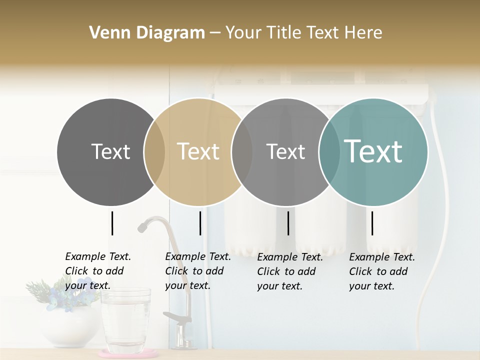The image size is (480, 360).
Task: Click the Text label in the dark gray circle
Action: pyautogui.click(x=110, y=151)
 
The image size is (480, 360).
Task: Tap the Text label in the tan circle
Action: pyautogui.click(x=198, y=151)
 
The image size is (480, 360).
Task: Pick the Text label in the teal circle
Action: pyautogui.click(x=373, y=151)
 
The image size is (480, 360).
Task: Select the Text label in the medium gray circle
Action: pyautogui.click(x=285, y=151)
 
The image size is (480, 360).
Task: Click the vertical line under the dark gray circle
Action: pyautogui.click(x=112, y=223)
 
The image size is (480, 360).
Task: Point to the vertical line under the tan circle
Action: pyautogui.click(x=200, y=223)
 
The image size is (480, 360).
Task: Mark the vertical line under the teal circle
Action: pyautogui.click(x=372, y=223)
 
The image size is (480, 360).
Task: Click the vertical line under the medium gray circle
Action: pyautogui.click(x=288, y=223)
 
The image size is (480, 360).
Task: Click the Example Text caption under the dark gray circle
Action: pyautogui.click(x=98, y=271)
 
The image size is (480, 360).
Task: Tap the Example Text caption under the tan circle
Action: pyautogui.click(x=198, y=271)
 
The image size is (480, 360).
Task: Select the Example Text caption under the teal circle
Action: pyautogui.click(x=382, y=271)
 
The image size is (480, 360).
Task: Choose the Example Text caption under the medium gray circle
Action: pyautogui.click(x=290, y=271)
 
